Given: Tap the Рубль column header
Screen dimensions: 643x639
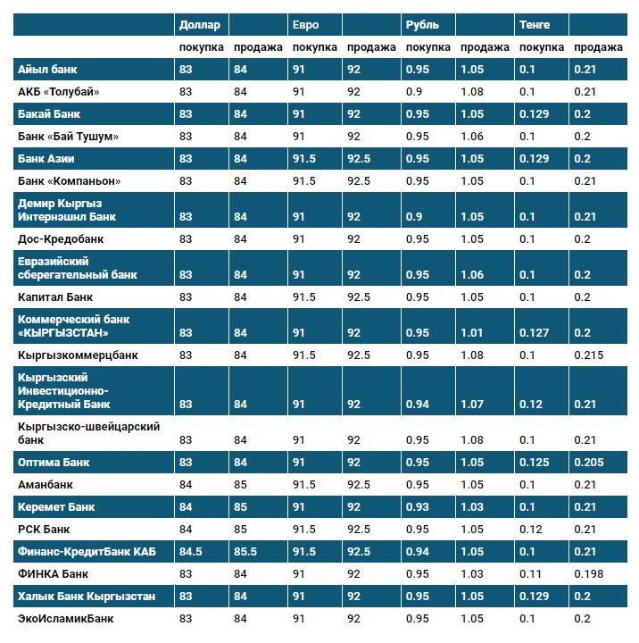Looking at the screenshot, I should click(421, 25).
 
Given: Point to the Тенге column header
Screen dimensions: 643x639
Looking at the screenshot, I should click(534, 25).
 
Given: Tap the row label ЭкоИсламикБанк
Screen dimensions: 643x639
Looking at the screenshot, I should click(66, 618).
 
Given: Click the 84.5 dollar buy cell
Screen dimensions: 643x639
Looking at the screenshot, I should click(191, 552).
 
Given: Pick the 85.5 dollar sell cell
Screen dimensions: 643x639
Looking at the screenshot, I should click(245, 552).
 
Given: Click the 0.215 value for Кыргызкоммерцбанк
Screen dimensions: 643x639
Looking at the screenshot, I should click(588, 355).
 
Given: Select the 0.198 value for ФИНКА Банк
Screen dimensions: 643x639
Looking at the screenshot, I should click(588, 573).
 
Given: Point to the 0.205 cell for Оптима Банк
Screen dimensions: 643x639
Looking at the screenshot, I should click(588, 463).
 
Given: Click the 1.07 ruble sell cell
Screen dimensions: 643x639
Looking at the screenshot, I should click(472, 404).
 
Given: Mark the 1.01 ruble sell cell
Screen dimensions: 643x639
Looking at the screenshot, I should click(472, 332).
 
